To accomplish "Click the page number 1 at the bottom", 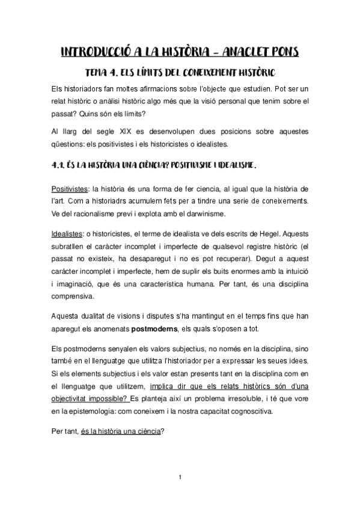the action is coord(180,477).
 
